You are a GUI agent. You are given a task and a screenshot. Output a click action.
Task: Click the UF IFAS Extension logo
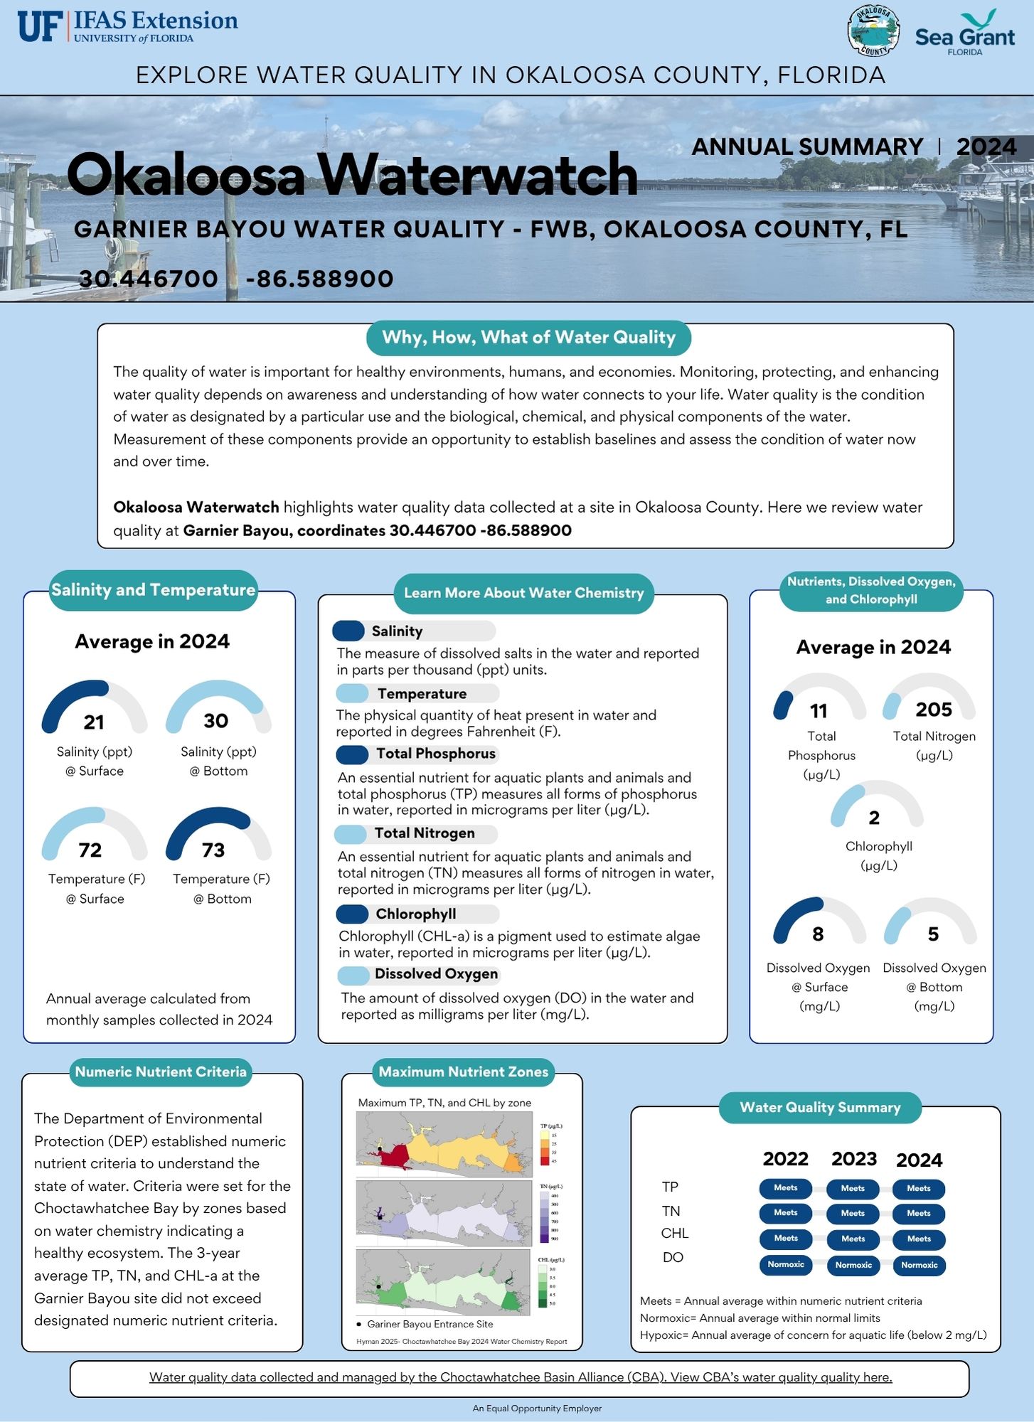pos(128,26)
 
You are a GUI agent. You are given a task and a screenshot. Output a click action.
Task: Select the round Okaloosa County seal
pos(873,31)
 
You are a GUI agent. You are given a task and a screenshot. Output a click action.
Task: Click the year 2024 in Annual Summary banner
pos(986,146)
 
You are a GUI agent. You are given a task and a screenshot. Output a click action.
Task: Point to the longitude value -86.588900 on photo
pos(319,279)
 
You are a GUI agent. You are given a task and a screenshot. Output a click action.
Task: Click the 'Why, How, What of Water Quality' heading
pos(528,338)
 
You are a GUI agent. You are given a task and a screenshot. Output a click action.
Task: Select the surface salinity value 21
pos(94,722)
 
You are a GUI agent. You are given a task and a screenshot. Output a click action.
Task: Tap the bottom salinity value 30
pos(216,721)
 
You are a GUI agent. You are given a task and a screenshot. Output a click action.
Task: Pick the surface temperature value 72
pos(90,850)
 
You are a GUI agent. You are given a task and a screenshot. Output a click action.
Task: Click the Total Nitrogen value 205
pos(933,710)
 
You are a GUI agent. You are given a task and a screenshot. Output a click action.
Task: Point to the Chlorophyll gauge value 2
pos(874,818)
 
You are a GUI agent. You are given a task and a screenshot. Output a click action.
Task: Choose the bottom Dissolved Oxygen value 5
pos(933,934)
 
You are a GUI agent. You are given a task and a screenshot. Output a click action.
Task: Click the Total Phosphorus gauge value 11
pos(819,711)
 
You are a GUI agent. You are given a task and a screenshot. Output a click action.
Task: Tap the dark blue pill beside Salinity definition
pos(348,631)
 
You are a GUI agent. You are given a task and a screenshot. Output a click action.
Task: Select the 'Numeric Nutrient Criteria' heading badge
pos(161,1072)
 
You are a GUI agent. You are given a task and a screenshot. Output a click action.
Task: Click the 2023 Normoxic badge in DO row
pos(853,1266)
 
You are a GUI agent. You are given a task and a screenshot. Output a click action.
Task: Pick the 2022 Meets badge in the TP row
pos(786,1188)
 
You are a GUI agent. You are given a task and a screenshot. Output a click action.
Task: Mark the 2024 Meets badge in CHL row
pos(919,1239)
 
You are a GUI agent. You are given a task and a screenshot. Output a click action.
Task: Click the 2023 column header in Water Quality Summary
pos(854,1160)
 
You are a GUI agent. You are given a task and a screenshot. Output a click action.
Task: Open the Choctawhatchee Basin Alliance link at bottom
pos(520,1378)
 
